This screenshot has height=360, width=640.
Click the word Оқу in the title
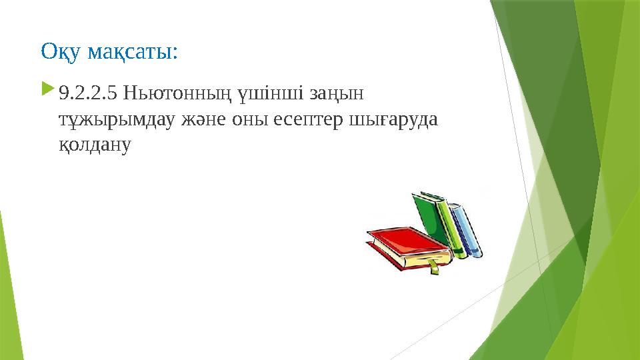coord(58,51)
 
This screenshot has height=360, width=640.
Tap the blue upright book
coord(467,230)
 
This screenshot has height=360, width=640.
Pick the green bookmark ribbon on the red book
coord(434,267)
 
